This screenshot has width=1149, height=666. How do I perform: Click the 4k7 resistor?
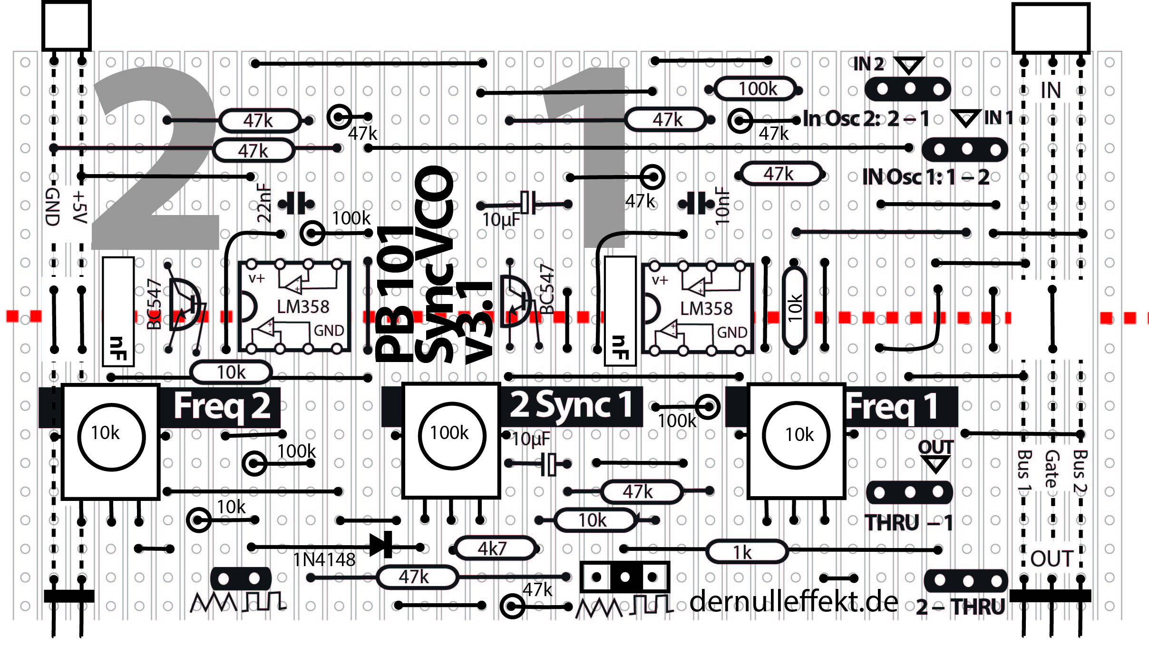pos(495,548)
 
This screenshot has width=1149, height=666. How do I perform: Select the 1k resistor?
pos(746,552)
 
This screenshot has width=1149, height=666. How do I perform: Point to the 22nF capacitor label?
pos(264,204)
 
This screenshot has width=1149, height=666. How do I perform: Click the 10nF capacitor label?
pos(722,206)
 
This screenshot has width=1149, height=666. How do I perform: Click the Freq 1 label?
pos(891,407)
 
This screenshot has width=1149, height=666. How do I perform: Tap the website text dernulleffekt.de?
pos(793,602)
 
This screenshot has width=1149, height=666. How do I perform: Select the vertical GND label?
pos(52,207)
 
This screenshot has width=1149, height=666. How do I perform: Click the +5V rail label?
pos(80,207)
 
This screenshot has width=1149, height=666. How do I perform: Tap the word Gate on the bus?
pos(1052,469)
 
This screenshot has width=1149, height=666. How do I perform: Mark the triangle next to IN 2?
pos(909,65)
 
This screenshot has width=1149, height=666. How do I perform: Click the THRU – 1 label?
pos(909,523)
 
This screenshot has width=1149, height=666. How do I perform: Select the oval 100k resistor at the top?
pos(756,89)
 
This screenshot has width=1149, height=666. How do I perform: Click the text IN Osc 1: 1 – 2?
pos(925,177)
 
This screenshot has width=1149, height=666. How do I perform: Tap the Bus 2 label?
pos(1080,471)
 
